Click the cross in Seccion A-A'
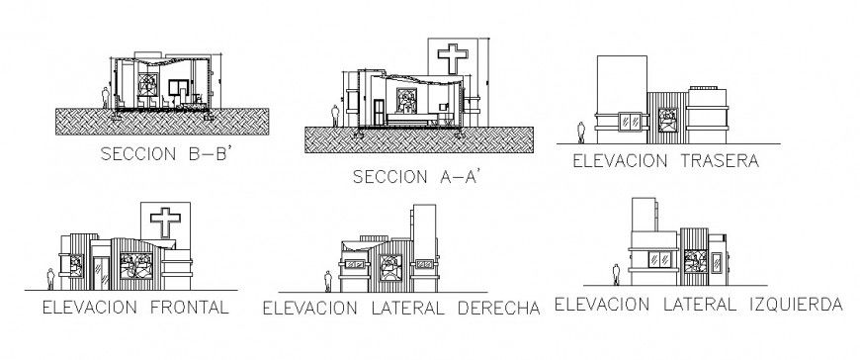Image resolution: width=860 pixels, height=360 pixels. click(449, 57)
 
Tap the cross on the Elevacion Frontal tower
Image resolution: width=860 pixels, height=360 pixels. click(163, 219)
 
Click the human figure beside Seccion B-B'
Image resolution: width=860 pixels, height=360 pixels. click(107, 96)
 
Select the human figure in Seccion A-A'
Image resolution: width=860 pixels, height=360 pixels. click(336, 115)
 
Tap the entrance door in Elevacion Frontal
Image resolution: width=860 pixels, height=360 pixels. click(103, 268)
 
